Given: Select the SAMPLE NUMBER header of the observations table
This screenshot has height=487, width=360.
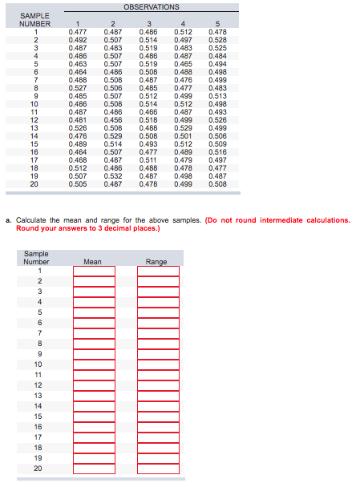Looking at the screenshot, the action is coord(34,20).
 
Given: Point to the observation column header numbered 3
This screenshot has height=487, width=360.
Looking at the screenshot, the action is coord(148,24).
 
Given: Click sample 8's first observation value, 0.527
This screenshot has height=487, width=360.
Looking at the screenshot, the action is coord(78,88).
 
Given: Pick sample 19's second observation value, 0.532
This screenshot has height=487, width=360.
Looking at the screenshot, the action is coord(113,175).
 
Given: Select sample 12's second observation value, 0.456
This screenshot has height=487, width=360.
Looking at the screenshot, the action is coord(113,119).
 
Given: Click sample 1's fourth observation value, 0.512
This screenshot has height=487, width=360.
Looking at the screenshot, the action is coord(183,32).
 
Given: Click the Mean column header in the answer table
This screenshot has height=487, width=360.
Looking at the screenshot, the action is coord(93,261).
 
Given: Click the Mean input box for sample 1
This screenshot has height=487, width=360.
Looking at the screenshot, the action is coord(94,271).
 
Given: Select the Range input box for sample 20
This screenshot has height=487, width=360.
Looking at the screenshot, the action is coord(157,469).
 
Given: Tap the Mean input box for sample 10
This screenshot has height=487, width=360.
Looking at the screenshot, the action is coord(94,364).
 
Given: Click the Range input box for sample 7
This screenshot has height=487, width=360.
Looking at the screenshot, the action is coord(157,333).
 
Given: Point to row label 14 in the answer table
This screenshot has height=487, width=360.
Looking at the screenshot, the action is coord(37,406).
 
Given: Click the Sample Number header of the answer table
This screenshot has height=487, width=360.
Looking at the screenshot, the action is coord(37,257).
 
